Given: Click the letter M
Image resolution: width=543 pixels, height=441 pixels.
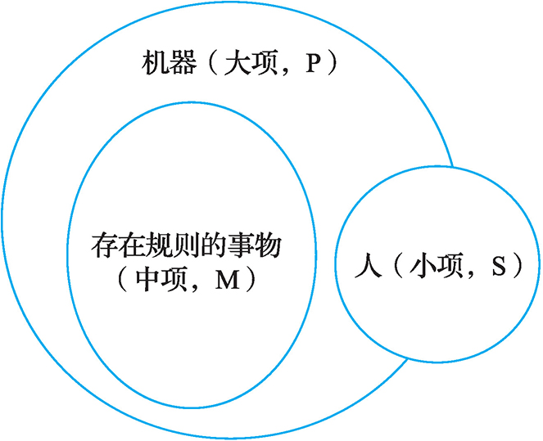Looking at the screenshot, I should coord(224,279).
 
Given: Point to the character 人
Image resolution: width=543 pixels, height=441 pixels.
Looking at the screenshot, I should coord(370,268).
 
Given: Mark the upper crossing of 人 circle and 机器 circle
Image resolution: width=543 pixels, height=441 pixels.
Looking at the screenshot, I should coord(452,167).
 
